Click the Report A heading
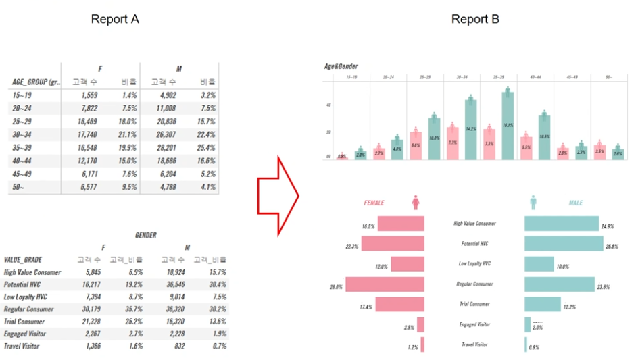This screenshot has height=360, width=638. point(115,19)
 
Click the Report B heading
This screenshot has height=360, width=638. point(475,19)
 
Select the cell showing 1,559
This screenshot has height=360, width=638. point(85,96)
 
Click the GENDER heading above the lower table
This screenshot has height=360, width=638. point(145,235)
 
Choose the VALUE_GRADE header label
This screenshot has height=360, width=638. point(24,259)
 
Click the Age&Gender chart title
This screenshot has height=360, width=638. point(341,66)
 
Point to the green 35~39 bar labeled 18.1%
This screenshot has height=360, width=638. point(508,125)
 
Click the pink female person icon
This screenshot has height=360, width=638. point(415,203)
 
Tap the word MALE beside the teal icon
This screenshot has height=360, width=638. point(575,203)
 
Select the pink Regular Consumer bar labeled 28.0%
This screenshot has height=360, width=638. point(385,284)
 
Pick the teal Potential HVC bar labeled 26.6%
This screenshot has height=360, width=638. point(564,243)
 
